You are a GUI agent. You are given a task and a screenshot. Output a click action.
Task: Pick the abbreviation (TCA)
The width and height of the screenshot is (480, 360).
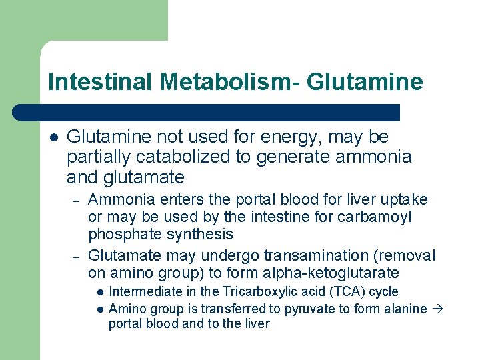[x=338, y=291]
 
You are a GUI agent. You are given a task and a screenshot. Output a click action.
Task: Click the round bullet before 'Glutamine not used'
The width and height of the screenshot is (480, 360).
[x=54, y=137]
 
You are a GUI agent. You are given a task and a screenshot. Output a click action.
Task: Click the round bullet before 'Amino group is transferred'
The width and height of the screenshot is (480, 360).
[x=99, y=309]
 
